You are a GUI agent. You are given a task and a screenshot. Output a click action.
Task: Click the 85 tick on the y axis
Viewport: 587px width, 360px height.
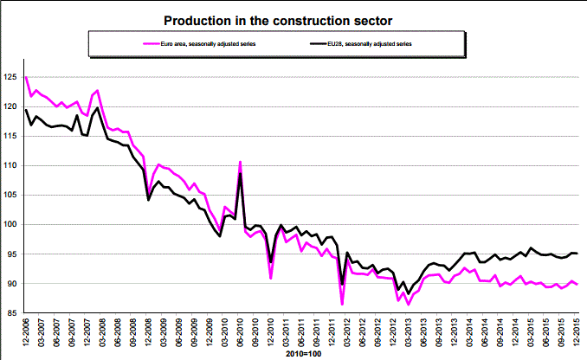tap(14, 313)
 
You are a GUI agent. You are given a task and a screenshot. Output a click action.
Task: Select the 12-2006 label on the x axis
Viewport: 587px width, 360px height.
tap(27, 334)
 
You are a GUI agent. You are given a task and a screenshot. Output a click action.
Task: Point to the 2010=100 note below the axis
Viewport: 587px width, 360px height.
tap(302, 354)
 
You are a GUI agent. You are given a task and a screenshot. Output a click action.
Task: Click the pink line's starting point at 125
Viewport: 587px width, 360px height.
tap(26, 78)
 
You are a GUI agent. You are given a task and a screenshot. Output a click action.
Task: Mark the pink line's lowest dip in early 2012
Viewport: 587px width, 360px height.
tap(343, 305)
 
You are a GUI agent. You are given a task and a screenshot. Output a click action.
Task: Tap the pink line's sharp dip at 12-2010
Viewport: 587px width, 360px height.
tap(271, 278)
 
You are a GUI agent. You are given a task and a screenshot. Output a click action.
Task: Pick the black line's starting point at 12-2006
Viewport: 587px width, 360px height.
tap(26, 110)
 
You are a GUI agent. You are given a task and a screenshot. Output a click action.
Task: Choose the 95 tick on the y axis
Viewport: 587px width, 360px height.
tap(14, 254)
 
